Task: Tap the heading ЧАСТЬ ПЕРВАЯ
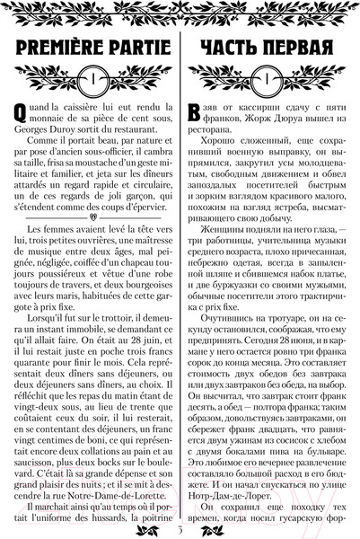coord(268,46)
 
